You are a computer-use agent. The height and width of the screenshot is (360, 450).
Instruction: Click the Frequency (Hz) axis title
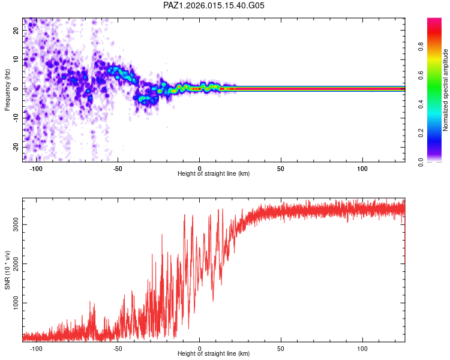[7, 89]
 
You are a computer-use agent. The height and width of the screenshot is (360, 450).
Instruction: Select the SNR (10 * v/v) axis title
[7, 270]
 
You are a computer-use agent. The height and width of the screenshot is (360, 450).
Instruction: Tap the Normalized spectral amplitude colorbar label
[445, 90]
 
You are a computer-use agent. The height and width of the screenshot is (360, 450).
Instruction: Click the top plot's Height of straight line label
[214, 173]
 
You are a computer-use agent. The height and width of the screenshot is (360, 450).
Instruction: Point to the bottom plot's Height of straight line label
[214, 353]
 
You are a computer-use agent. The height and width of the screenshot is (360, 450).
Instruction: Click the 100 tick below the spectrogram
[362, 169]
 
